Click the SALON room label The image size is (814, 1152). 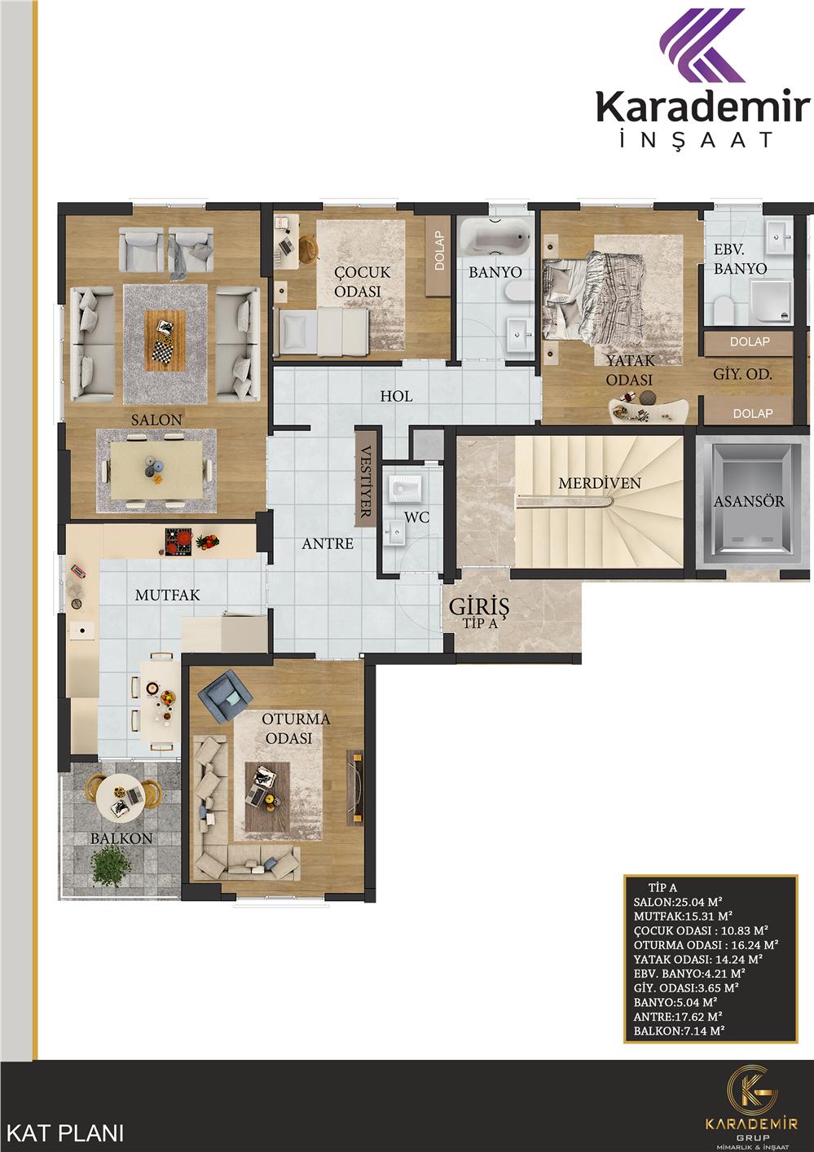156,420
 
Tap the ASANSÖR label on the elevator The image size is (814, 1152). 749,501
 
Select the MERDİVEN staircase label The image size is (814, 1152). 600,483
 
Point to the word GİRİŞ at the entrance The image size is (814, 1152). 479,606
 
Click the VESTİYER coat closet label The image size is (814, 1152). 365,481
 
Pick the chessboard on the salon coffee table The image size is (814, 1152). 163,352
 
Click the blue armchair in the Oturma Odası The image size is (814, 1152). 227,697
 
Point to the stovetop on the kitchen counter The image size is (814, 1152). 178,542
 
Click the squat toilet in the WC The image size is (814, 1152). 406,488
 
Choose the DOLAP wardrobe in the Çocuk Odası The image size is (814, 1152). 438,256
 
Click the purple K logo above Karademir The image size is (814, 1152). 703,46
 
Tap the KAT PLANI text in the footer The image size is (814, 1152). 66,1133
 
